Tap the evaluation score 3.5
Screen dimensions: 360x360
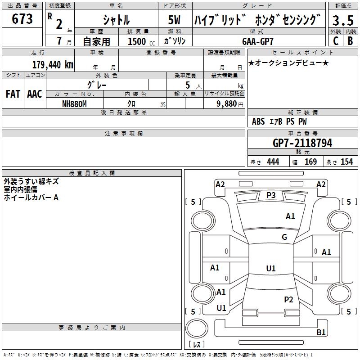pyautogui.click(x=342, y=20)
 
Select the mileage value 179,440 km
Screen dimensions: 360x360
pyautogui.click(x=53, y=64)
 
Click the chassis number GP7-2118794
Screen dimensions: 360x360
pyautogui.click(x=302, y=143)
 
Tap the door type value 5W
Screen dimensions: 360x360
pyautogui.click(x=174, y=20)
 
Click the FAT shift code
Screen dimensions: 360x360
pyautogui.click(x=13, y=94)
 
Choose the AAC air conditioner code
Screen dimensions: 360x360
pyautogui.click(x=35, y=94)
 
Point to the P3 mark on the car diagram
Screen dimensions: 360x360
pyautogui.click(x=271, y=195)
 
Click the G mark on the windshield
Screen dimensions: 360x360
pyautogui.click(x=284, y=237)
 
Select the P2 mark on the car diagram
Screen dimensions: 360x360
pyautogui.click(x=288, y=299)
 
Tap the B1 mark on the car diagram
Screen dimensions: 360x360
pyautogui.click(x=321, y=333)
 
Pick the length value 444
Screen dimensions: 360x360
pyautogui.click(x=273, y=162)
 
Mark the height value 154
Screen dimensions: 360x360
pyautogui.click(x=346, y=162)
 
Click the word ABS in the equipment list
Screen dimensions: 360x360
pyautogui.click(x=258, y=121)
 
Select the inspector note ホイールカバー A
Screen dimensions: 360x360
pyautogui.click(x=31, y=197)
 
